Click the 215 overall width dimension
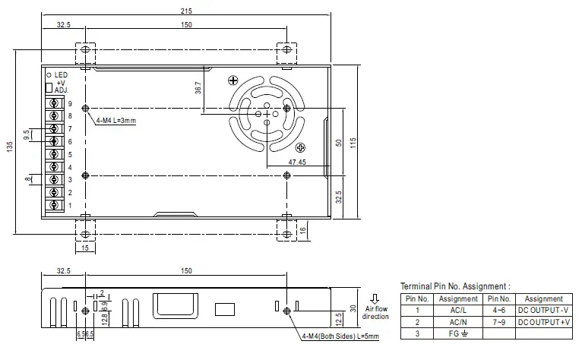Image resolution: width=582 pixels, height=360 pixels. pyautogui.click(x=187, y=11)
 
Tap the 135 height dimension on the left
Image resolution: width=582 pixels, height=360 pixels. pyautogui.click(x=10, y=147)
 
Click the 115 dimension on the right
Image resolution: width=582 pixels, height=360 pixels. pyautogui.click(x=353, y=143)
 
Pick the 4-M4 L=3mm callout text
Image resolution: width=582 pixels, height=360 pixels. pyautogui.click(x=115, y=121)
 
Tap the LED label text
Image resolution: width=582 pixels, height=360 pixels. pyautogui.click(x=62, y=74)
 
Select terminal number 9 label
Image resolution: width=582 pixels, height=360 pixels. pyautogui.click(x=69, y=103)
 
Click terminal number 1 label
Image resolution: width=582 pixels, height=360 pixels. pyautogui.click(x=69, y=205)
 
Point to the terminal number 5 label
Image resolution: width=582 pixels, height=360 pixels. pyautogui.click(x=69, y=154)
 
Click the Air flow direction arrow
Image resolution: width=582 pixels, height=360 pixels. pyautogui.click(x=375, y=298)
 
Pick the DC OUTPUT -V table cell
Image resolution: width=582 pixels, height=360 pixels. pyautogui.click(x=543, y=311)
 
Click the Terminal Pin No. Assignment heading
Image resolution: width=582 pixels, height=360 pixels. pyautogui.click(x=456, y=286)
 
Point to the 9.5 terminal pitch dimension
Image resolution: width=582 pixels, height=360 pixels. pyautogui.click(x=27, y=135)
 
